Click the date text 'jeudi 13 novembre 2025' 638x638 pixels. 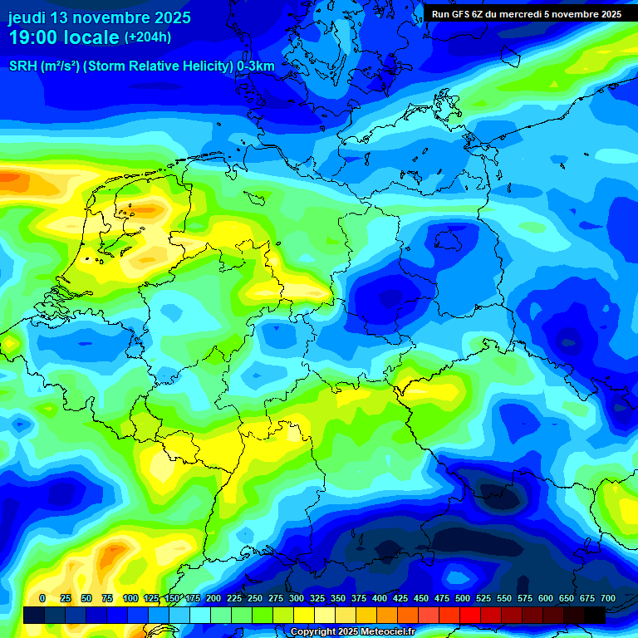(x=100, y=17)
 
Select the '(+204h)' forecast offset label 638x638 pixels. (x=148, y=37)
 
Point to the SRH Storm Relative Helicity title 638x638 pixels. (x=141, y=66)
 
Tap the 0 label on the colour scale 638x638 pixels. (x=42, y=598)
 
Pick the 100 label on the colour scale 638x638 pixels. (x=130, y=598)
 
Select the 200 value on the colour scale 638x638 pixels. (x=213, y=598)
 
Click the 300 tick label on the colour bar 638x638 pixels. (x=297, y=598)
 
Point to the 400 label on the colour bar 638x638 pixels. (x=380, y=598)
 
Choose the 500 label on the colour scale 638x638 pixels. (x=463, y=598)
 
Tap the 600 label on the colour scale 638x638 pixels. (x=546, y=598)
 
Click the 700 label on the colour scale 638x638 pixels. (x=608, y=598)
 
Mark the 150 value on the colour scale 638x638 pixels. (x=172, y=598)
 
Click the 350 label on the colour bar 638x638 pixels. (x=338, y=598)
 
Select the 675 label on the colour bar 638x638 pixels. (x=587, y=598)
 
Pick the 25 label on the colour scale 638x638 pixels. (x=66, y=598)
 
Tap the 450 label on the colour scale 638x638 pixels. (x=421, y=598)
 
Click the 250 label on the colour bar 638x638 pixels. (x=255, y=598)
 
